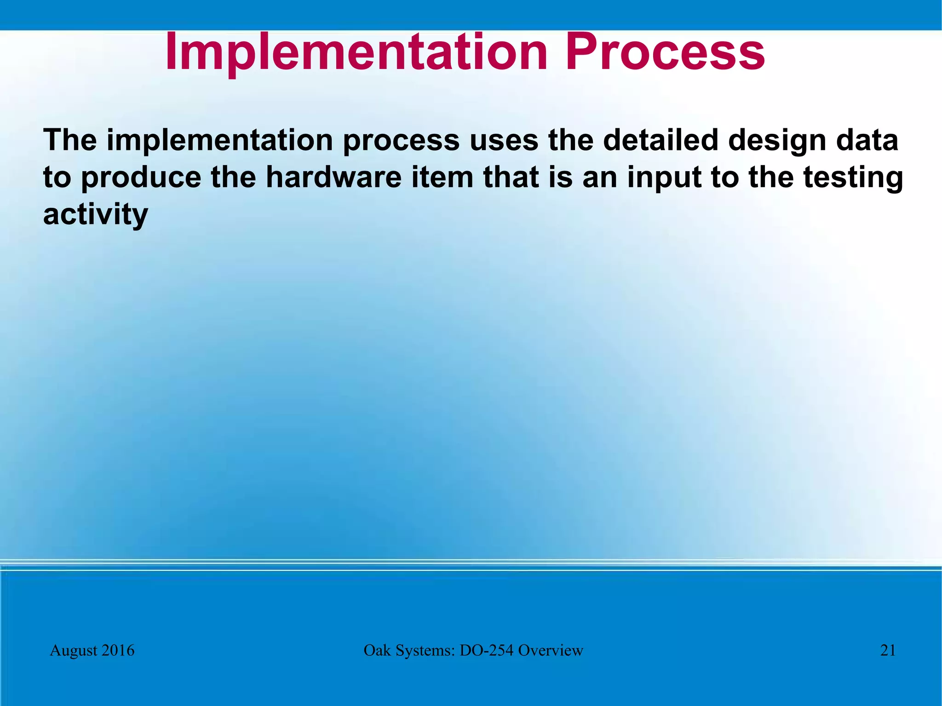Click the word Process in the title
pos(665,53)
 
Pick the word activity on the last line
pos(95,215)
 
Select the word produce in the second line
pos(141,178)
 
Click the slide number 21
pos(888,650)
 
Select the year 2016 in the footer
pos(118,650)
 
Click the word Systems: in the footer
pos(425,651)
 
